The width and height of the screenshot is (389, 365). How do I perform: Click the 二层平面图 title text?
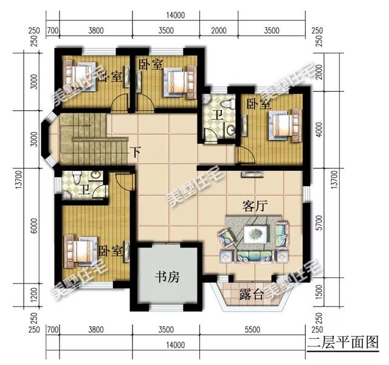point(343,340)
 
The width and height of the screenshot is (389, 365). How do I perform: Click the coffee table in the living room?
point(255,233)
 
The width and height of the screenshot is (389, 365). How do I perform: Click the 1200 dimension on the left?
point(35,296)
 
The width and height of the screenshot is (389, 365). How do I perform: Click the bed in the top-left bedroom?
point(80,77)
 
